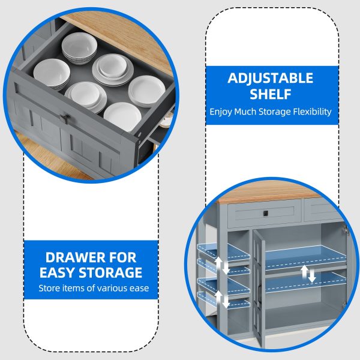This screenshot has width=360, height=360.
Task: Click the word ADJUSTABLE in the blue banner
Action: point(270,78)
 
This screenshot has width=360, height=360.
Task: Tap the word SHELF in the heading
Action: point(271,94)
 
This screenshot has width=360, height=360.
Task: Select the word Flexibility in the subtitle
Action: point(312,112)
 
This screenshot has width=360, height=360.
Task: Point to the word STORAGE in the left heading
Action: point(110,273)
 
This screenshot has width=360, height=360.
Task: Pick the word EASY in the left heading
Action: point(58,273)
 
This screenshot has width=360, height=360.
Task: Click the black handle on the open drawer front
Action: point(65,118)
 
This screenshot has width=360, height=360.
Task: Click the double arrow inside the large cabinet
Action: point(308,274)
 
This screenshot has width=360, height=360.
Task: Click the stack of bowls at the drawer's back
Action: point(79,48)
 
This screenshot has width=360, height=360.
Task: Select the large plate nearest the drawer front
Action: point(122,116)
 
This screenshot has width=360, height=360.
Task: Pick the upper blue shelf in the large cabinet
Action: point(306,257)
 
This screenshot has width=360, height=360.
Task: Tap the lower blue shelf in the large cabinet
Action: point(306,282)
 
